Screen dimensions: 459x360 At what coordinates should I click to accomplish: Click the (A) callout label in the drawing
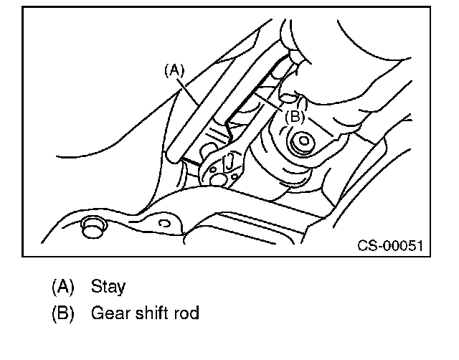pyautogui.click(x=175, y=70)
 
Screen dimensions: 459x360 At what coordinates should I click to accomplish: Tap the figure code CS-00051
pyautogui.click(x=390, y=246)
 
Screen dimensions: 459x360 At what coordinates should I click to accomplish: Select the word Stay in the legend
pyautogui.click(x=108, y=288)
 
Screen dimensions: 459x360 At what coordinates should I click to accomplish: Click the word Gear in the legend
pyautogui.click(x=109, y=313)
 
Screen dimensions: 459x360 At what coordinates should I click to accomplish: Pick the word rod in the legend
pyautogui.click(x=186, y=313)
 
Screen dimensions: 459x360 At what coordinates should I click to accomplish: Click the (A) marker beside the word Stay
pyautogui.click(x=63, y=288)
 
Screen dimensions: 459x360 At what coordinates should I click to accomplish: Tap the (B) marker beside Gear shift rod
pyautogui.click(x=63, y=313)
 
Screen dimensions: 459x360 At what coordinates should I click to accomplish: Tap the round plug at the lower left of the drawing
pyautogui.click(x=92, y=227)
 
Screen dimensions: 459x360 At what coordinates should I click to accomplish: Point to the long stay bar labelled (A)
pyautogui.click(x=215, y=100)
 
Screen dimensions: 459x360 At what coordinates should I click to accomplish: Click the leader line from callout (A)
pyautogui.click(x=191, y=90)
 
